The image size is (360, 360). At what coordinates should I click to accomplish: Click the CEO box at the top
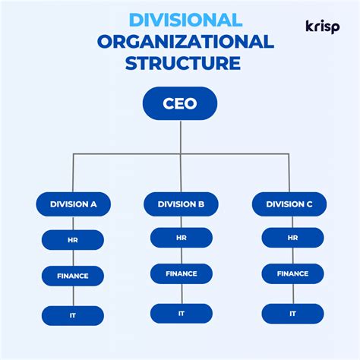(x=180, y=103)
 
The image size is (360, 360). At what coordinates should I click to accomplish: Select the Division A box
(x=73, y=204)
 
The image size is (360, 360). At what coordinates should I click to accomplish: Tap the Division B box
(x=181, y=204)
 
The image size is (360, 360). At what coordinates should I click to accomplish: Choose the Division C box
(x=289, y=204)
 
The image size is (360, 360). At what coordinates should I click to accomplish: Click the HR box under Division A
(x=73, y=240)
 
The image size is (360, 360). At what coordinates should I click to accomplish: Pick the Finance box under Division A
(x=73, y=276)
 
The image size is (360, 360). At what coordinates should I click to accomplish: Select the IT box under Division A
(x=73, y=314)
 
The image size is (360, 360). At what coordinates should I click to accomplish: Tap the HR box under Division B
(x=181, y=238)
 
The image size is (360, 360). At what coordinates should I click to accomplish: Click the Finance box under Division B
(x=181, y=273)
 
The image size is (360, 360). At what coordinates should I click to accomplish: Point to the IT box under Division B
(x=181, y=313)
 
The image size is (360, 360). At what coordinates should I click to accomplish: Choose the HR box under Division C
(x=292, y=238)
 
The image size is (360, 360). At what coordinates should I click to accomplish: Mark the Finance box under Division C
(x=292, y=273)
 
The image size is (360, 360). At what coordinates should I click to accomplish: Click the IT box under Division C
(x=292, y=313)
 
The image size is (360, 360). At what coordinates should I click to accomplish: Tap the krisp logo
(x=322, y=27)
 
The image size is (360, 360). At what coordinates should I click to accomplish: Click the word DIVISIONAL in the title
(x=185, y=21)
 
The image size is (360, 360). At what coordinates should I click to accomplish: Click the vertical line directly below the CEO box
(x=181, y=137)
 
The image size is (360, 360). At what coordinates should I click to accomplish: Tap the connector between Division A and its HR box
(x=73, y=223)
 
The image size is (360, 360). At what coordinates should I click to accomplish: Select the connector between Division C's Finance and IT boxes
(x=292, y=293)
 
